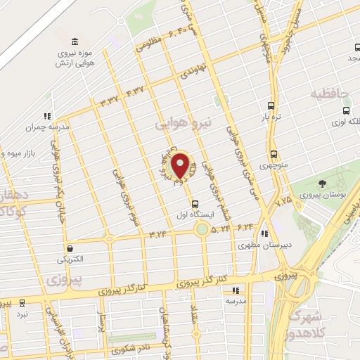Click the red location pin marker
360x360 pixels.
tap(180, 166)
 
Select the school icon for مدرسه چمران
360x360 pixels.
tap(46, 116)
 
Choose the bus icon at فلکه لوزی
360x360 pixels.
tap(346, 110)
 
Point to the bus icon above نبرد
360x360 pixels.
tap(22, 303)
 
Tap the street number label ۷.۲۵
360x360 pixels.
tap(284, 201)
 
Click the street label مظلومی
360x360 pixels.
tap(148, 44)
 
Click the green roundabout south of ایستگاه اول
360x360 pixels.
tap(202, 229)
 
